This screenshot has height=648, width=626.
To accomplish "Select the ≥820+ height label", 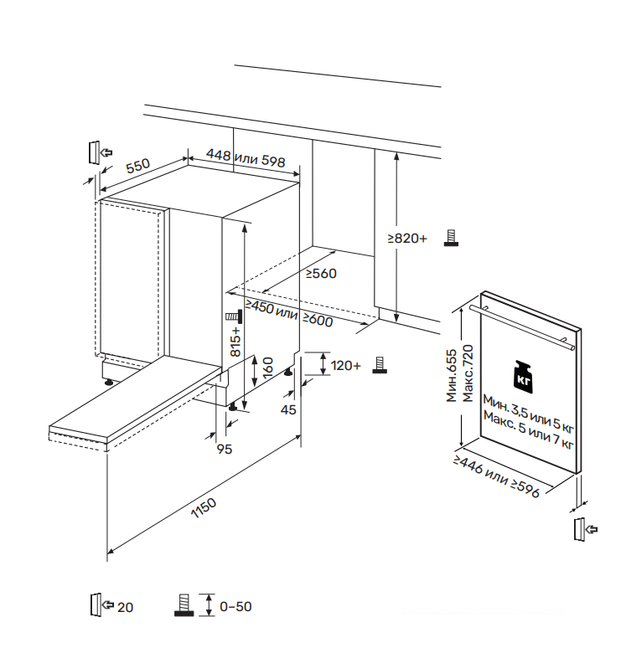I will (407, 239).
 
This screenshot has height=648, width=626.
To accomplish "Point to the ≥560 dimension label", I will (320, 274).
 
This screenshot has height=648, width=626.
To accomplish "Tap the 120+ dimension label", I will (346, 366).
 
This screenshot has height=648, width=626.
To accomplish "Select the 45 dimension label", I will (288, 409).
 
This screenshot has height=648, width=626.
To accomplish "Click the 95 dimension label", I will (224, 450).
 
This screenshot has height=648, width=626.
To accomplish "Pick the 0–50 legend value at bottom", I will (235, 607).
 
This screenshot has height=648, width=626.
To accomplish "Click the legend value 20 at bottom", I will (126, 607).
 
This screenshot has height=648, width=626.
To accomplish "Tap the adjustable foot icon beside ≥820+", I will (451, 239).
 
